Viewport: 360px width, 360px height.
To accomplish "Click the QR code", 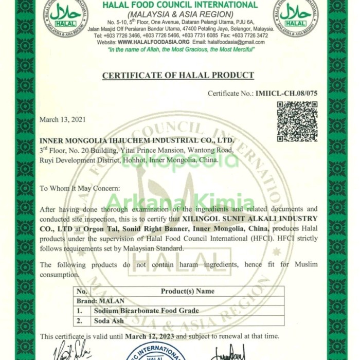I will (x=297, y=121).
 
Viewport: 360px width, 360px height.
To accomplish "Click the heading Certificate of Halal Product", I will (x=178, y=76).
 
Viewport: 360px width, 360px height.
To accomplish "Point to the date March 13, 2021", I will (x=63, y=119).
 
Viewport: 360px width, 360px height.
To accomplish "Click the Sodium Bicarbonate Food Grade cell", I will (x=146, y=311).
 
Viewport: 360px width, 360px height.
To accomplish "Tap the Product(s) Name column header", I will (x=188, y=291).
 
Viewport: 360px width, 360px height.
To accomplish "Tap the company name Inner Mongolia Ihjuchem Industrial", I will (x=137, y=140).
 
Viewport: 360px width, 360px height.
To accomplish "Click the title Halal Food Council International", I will (x=179, y=5).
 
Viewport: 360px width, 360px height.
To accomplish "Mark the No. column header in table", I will (x=82, y=291).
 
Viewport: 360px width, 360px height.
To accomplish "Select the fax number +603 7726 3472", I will (x=249, y=36).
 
